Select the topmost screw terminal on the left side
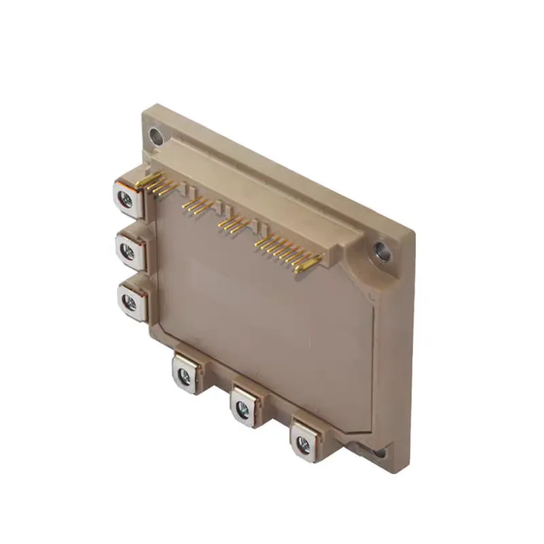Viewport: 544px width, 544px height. tap(126, 198)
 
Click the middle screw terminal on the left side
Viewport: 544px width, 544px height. tap(128, 251)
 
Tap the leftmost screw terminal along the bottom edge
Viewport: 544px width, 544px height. tap(184, 373)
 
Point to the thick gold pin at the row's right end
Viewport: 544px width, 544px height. tap(307, 262)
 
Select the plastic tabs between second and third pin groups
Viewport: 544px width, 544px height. tap(214, 209)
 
